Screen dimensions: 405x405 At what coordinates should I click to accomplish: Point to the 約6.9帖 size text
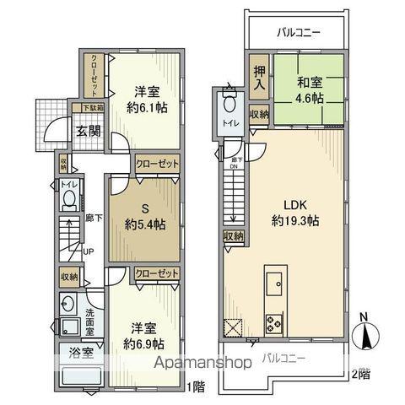pyautogui.click(x=145, y=344)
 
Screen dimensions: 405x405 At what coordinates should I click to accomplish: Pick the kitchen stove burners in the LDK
pyautogui.click(x=275, y=321)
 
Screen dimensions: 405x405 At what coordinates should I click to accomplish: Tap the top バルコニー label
pyautogui.click(x=298, y=34)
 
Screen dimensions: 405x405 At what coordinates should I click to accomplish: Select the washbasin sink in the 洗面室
pyautogui.click(x=68, y=305)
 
